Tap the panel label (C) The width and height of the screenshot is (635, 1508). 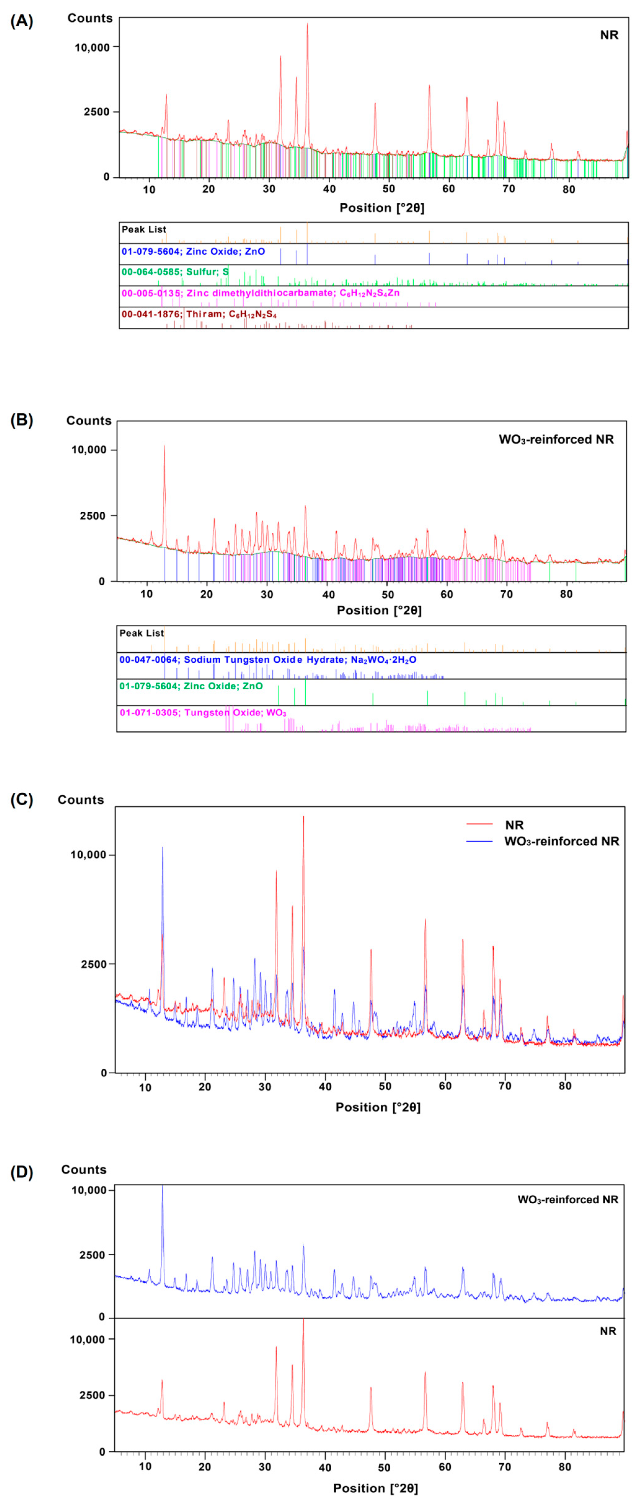pyautogui.click(x=22, y=800)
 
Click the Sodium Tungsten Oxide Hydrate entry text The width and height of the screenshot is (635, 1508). pyautogui.click(x=268, y=660)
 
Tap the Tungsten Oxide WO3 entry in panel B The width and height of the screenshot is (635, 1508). pyautogui.click(x=203, y=713)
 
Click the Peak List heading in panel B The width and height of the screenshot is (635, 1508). pyautogui.click(x=141, y=633)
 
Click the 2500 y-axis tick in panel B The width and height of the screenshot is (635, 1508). pyautogui.click(x=93, y=516)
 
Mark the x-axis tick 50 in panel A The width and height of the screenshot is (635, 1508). pyautogui.click(x=389, y=189)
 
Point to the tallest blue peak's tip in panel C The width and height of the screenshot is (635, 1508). pyautogui.click(x=162, y=847)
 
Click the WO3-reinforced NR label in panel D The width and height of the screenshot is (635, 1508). pyautogui.click(x=567, y=1199)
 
